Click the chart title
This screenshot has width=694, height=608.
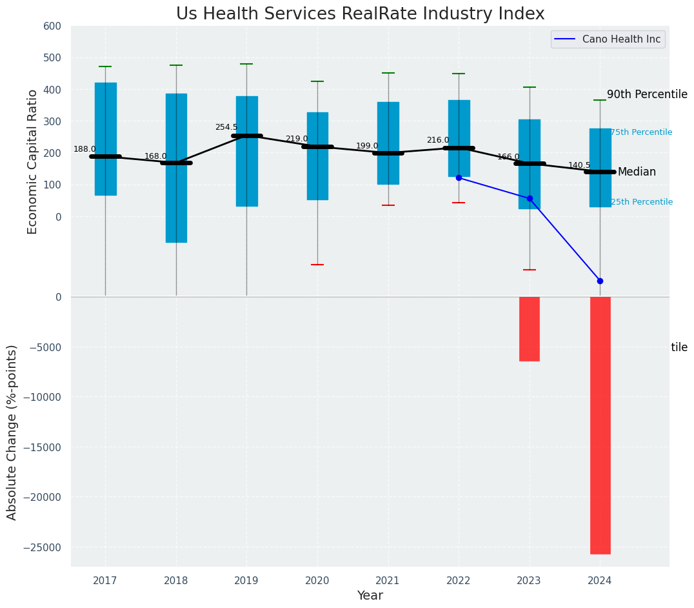[360, 14]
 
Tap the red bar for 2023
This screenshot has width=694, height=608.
[530, 329]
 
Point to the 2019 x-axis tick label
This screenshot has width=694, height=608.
[246, 581]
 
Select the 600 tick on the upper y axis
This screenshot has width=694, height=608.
[52, 26]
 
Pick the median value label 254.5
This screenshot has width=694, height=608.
[226, 127]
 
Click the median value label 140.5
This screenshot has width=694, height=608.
[579, 165]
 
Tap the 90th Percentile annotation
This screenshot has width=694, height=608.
[647, 95]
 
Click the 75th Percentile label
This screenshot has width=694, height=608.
[641, 132]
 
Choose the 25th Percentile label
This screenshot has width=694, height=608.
[641, 202]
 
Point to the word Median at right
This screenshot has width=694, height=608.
[637, 172]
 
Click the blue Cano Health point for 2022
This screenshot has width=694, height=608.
[459, 177]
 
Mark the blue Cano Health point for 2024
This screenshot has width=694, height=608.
[600, 281]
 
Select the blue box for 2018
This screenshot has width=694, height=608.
[176, 168]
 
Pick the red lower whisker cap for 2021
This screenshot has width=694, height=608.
[388, 205]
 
